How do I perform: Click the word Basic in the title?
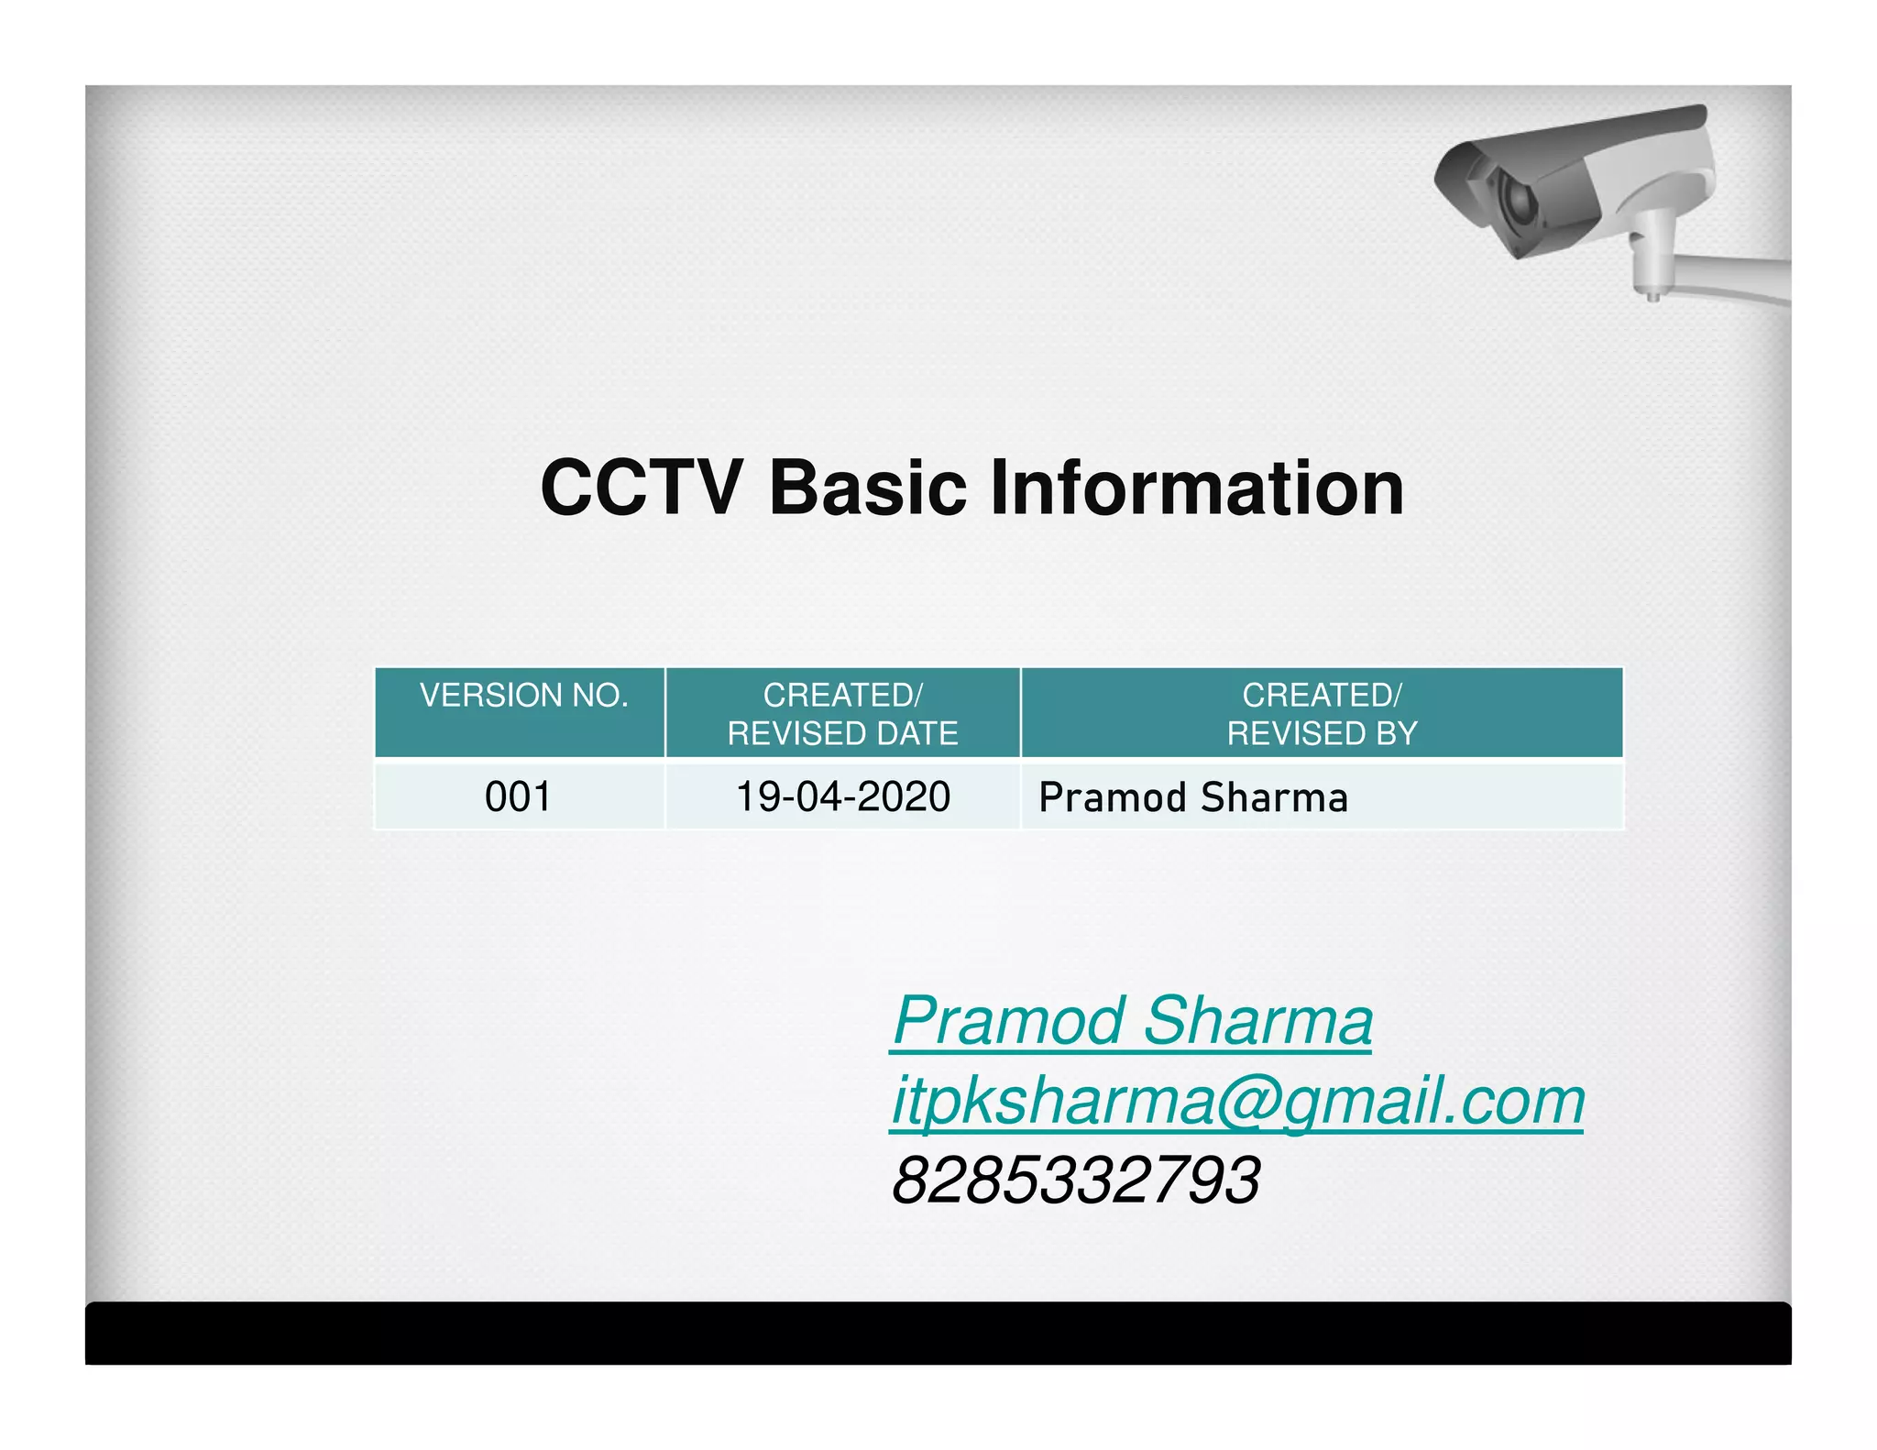click(868, 489)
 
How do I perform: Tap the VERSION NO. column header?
click(523, 696)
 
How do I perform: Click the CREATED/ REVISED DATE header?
click(842, 714)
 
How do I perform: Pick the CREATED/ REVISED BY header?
click(1322, 714)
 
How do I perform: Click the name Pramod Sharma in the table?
click(1192, 797)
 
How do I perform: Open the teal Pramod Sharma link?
click(1132, 1021)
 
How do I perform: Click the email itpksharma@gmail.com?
click(1237, 1101)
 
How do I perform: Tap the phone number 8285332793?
click(1076, 1181)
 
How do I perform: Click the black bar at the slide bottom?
click(938, 1333)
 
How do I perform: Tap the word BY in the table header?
click(1396, 733)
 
